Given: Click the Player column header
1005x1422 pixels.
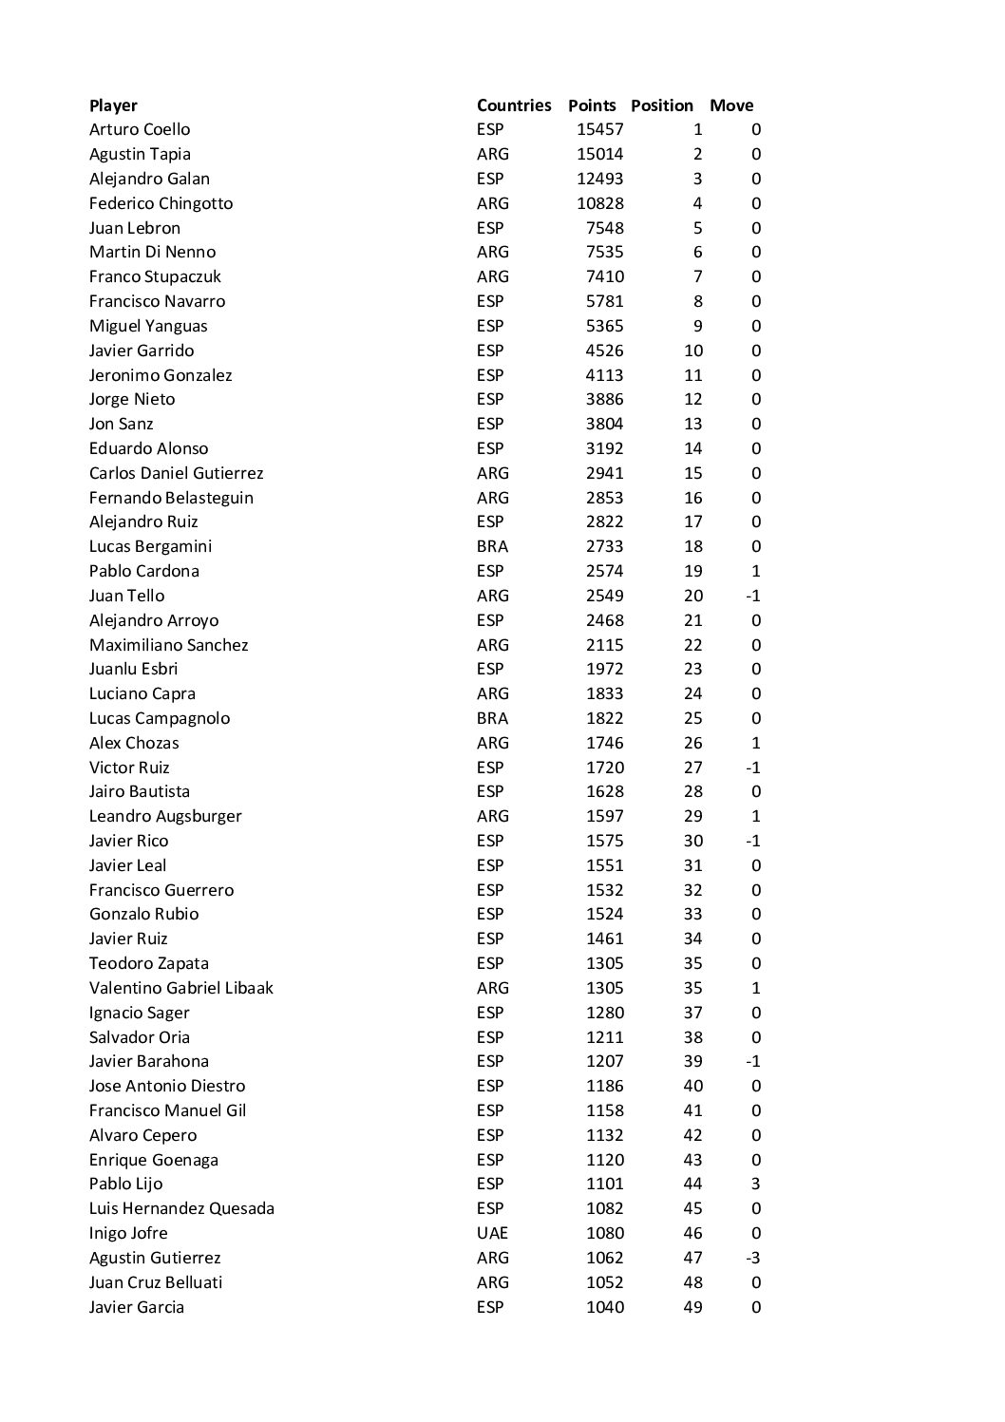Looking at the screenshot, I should pos(113,105).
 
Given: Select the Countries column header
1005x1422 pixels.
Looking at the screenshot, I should pos(513,105).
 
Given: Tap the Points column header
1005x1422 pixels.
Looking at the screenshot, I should pos(592,105).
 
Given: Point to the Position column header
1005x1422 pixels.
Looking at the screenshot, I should pos(662,105).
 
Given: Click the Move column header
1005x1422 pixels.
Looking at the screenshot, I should pos(731,105).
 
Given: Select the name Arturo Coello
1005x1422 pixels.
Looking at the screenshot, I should pos(140,129).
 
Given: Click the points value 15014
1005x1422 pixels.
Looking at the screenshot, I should pos(600,154).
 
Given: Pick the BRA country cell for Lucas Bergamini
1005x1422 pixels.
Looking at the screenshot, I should pos(492,546).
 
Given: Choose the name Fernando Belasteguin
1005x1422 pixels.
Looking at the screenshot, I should pos(171,498).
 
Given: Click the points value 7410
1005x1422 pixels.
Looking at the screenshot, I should pos(604,276).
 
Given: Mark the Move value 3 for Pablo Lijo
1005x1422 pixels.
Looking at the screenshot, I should pos(755,1184).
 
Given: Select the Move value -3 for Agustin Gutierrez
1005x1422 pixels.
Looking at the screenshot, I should pos(751,1258).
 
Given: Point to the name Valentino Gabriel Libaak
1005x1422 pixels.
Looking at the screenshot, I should pos(180,988).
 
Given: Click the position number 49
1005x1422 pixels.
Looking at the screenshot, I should pos(692,1307).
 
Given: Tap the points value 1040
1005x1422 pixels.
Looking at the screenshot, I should pos(604,1307).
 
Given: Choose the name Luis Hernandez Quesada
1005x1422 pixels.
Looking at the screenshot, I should pos(181,1208).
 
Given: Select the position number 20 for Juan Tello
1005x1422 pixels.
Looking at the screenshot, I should pos(692,596).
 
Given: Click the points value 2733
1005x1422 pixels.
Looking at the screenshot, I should pos(604,546).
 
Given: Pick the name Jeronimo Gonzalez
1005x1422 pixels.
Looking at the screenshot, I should pos(161,375).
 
